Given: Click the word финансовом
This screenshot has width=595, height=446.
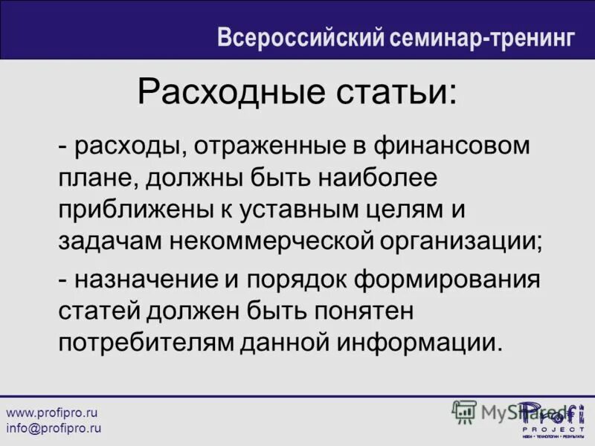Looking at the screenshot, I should (453, 146).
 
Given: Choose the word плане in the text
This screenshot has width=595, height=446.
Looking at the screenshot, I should (96, 178).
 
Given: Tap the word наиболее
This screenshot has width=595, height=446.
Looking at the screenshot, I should (372, 178).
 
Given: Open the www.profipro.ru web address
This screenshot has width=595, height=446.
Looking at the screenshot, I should (53, 413).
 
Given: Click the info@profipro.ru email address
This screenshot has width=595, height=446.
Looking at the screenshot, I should (54, 428).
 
